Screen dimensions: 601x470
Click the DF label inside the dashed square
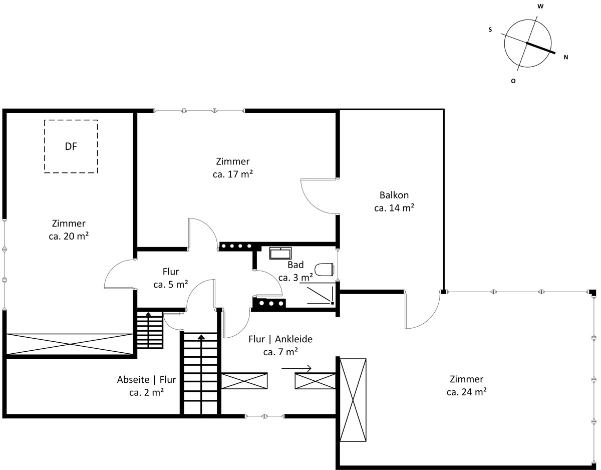[x=71, y=146]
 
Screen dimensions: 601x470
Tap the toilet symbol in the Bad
[x=324, y=270]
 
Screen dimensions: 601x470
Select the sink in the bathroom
[x=280, y=254]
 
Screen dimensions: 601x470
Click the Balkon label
[x=394, y=195]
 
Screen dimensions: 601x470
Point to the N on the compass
[x=566, y=57]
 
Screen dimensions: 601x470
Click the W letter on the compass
[x=540, y=7]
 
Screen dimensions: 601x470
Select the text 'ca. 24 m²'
[x=467, y=392]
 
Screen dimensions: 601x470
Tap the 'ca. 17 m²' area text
[x=232, y=174]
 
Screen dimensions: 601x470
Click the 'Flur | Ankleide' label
[x=280, y=339]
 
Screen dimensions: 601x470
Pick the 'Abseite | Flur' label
[x=146, y=379]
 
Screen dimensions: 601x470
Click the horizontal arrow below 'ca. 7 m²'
[x=296, y=368]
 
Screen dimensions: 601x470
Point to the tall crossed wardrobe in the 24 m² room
[x=353, y=400]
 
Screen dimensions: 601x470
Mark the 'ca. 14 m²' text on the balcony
[x=394, y=208]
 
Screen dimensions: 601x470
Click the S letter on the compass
[x=490, y=30]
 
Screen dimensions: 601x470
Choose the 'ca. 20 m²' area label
[x=69, y=236]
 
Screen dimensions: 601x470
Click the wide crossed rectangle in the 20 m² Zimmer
[x=70, y=344]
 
